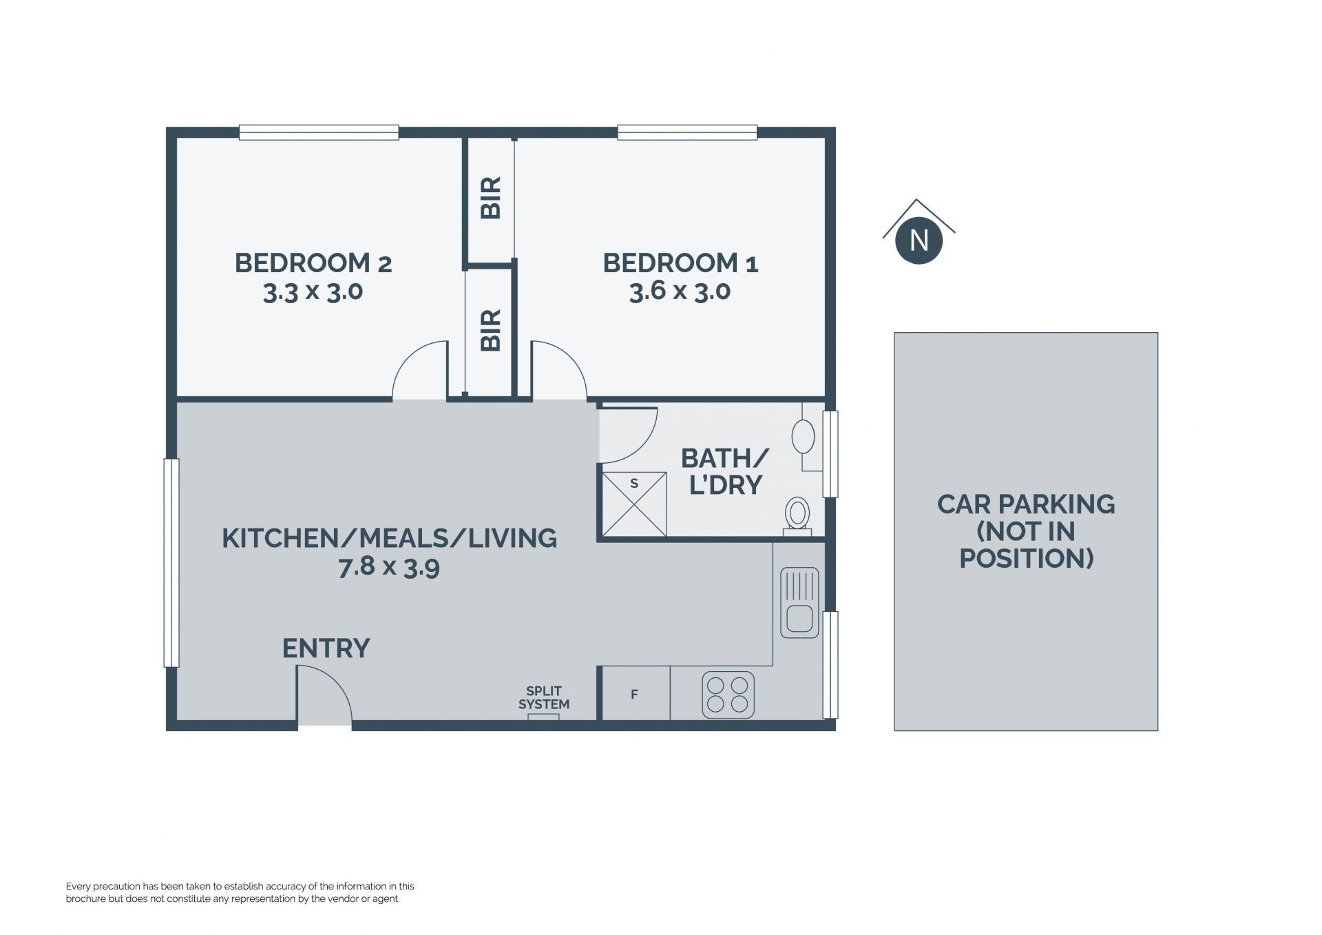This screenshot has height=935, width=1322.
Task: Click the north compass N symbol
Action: [x=919, y=240]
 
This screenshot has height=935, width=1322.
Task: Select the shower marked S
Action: [x=634, y=504]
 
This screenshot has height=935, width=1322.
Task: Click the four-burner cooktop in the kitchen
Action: [x=728, y=695]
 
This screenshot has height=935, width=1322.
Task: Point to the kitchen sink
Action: [x=799, y=602]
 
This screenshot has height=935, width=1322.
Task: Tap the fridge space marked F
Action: [x=634, y=694]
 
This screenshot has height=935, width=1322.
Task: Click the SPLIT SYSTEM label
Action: [x=544, y=697]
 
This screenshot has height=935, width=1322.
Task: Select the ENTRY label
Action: [x=326, y=648]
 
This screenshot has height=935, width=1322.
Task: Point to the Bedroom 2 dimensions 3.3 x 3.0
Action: [x=313, y=291]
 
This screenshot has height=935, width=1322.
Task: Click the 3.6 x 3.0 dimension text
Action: [x=680, y=291]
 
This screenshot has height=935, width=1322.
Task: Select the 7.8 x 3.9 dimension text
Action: [x=389, y=567]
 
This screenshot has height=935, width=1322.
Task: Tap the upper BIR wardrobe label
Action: [x=490, y=198]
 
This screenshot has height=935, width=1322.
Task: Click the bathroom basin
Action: [x=803, y=437]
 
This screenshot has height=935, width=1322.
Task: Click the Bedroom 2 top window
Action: [x=319, y=132]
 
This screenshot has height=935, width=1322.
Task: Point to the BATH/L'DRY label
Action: [x=725, y=471]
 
